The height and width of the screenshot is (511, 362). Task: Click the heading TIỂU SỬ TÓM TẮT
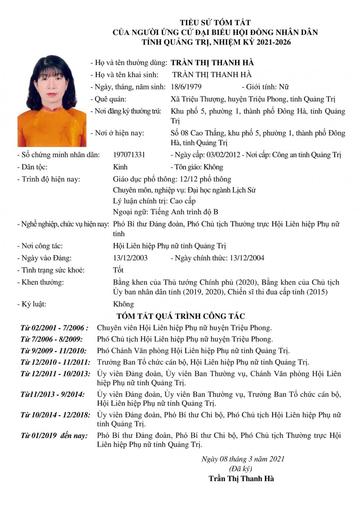[x=215, y=22]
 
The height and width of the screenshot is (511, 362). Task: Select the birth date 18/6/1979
[x=187, y=87]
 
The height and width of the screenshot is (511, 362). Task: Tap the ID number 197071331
[x=129, y=155]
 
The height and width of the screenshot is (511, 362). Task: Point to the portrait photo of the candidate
[x=52, y=101]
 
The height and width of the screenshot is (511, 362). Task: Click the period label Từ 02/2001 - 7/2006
[x=54, y=328]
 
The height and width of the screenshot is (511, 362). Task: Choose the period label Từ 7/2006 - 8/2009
[x=52, y=339]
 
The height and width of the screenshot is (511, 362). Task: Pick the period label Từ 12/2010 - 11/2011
[x=55, y=362]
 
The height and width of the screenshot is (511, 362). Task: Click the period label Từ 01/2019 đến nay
[x=54, y=436]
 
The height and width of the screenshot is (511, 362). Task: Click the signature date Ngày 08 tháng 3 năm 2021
[x=243, y=459]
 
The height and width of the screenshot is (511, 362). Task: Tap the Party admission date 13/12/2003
[x=130, y=258]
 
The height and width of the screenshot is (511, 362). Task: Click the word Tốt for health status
[x=118, y=270]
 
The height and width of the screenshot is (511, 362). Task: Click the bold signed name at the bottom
[x=241, y=479]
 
